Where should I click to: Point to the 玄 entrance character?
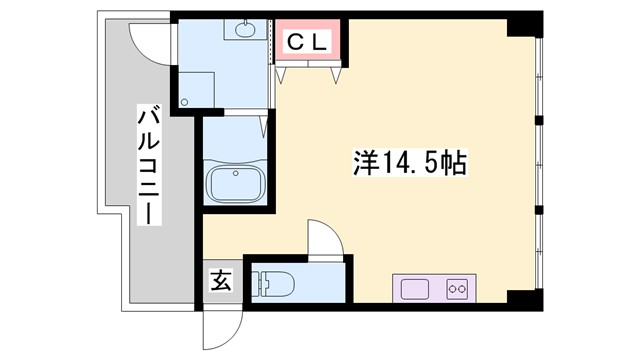coord(221,281)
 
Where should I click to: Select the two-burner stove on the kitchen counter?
coord(459,288)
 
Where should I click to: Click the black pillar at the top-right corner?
coord(524,25)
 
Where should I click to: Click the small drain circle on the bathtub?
coord(236,173)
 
